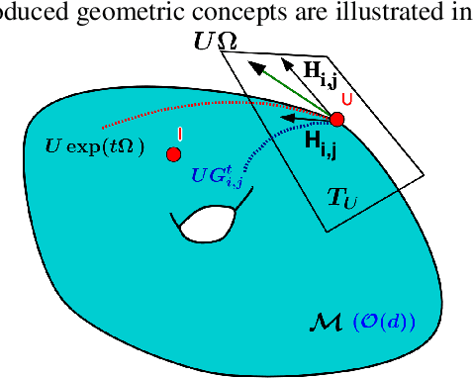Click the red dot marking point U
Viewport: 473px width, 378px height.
pos(335,120)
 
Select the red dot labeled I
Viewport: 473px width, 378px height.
pos(174,154)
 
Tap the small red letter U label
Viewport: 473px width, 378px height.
pos(346,99)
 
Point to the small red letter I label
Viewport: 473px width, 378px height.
pos(179,134)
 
